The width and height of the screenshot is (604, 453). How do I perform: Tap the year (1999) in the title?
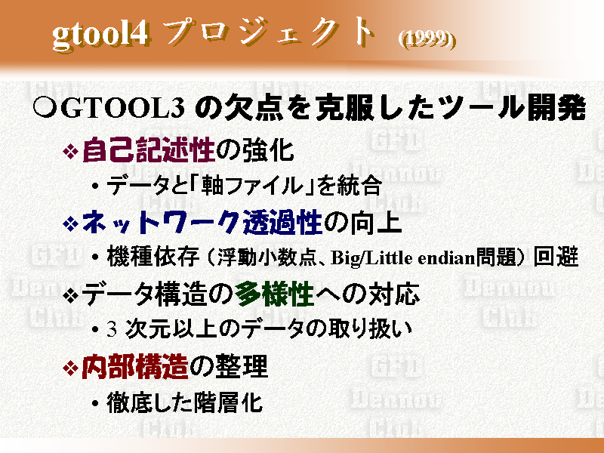coord(427,39)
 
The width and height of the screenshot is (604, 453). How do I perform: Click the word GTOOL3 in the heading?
coord(122,108)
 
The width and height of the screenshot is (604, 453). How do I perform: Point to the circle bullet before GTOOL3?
coord(45,108)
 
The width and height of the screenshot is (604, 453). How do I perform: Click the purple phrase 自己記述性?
coord(148,150)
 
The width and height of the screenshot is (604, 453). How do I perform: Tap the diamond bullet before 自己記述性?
coord(70,151)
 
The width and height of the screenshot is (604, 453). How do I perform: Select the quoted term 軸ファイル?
coord(252,186)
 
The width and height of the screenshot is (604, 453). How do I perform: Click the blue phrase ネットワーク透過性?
coord(202,222)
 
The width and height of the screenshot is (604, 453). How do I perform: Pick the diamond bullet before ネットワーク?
coord(70,223)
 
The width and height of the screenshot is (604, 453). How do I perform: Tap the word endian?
coord(446,257)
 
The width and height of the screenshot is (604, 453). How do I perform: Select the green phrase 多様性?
coord(274,294)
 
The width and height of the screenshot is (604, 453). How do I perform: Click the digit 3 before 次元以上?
coord(112,329)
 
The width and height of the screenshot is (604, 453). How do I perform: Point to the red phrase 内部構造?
coord(134,367)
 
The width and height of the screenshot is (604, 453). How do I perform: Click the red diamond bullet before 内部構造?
coord(70,368)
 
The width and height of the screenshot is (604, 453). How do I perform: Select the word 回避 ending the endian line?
coord(556,257)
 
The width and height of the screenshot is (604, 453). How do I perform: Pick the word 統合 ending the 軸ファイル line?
coord(359,186)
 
